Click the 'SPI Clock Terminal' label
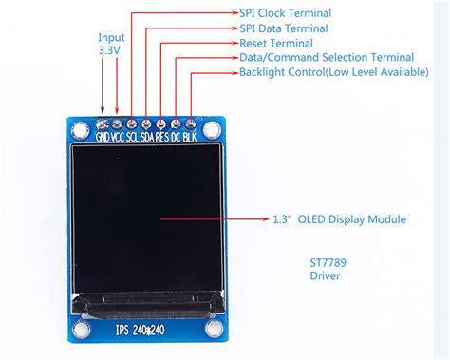285,13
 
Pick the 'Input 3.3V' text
111,46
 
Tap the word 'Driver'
324,275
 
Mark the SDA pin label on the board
149,136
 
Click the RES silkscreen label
163,136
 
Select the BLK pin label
191,136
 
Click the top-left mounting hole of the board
77,126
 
